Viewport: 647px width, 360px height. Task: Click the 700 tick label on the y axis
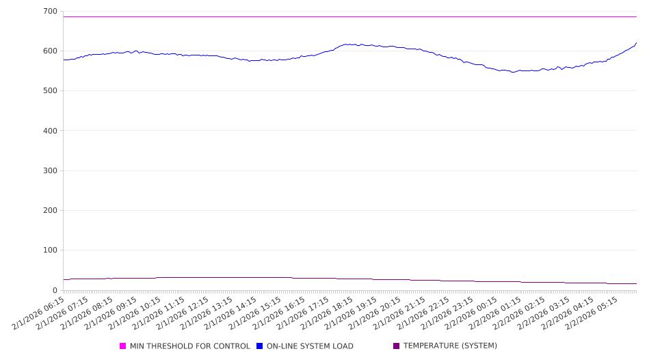coord(49,12)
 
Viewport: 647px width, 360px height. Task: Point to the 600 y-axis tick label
coord(49,51)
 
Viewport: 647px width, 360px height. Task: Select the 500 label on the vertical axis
coord(49,91)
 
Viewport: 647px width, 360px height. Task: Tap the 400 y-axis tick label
coord(49,131)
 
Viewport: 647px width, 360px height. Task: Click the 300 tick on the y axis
coord(49,170)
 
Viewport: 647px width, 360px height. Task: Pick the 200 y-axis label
coord(49,211)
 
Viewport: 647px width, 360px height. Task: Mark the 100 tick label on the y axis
coord(49,250)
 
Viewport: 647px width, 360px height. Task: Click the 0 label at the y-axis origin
coord(55,290)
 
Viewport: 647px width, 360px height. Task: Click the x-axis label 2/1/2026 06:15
coord(40,313)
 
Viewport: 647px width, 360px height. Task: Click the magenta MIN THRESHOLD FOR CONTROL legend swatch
coord(123,346)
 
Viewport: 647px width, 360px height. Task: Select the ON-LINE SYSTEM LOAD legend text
coord(310,346)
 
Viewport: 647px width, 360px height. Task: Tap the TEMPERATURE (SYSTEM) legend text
coord(450,346)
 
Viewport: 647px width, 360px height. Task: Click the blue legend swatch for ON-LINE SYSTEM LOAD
coord(260,346)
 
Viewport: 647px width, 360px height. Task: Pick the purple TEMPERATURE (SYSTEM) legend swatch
coord(397,346)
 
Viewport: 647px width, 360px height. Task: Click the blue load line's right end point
coord(637,42)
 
